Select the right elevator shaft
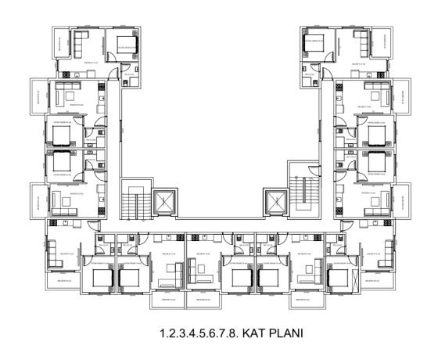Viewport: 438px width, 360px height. (x=275, y=202)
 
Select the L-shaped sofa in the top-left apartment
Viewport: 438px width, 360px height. (x=83, y=45)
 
